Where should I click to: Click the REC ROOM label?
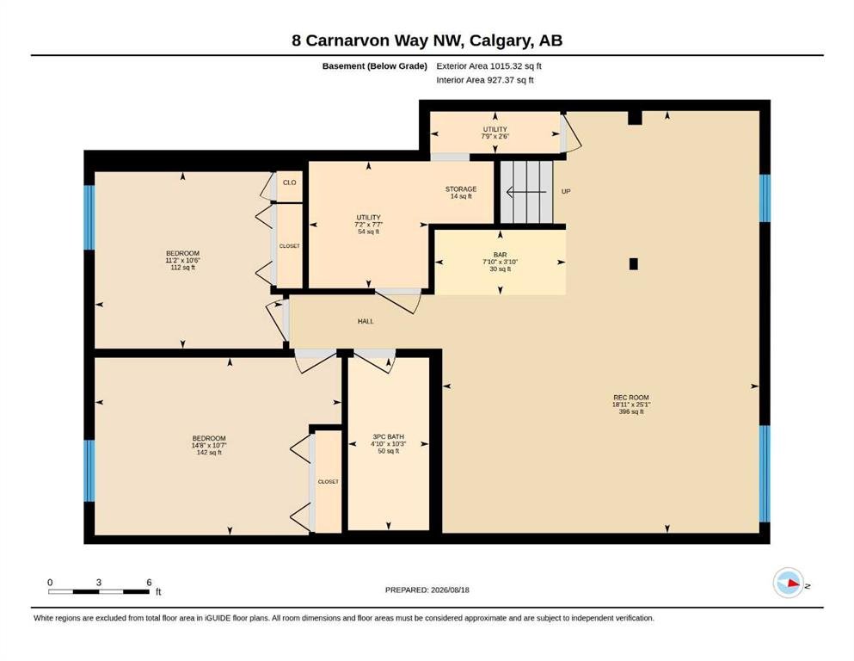pyautogui.click(x=630, y=398)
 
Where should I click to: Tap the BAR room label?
pyautogui.click(x=500, y=255)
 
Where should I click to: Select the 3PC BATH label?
pyautogui.click(x=389, y=436)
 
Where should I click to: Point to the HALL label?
pyautogui.click(x=366, y=322)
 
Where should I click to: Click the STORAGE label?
pyautogui.click(x=461, y=189)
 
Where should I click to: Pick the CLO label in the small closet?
pyautogui.click(x=290, y=182)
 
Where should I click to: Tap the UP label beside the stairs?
pyautogui.click(x=566, y=191)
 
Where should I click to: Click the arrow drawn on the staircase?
pyautogui.click(x=526, y=192)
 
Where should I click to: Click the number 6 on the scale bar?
pyautogui.click(x=150, y=583)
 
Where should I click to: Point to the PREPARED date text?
pyautogui.click(x=427, y=590)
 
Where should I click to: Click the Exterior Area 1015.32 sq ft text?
pyautogui.click(x=488, y=66)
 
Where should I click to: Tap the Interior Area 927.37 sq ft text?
pyautogui.click(x=485, y=80)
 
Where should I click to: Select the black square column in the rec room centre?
pyautogui.click(x=634, y=263)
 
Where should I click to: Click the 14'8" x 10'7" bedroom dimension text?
pyautogui.click(x=209, y=446)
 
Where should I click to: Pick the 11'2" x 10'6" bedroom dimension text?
pyautogui.click(x=182, y=261)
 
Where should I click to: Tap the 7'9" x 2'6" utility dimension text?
pyautogui.click(x=495, y=136)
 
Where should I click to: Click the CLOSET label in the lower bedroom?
pyautogui.click(x=328, y=482)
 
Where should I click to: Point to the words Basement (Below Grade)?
pyautogui.click(x=375, y=66)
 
